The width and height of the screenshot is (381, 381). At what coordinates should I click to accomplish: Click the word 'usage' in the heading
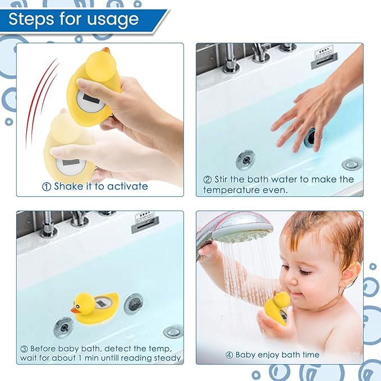(x=112, y=20)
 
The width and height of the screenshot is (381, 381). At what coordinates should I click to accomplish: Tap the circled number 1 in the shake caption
(x=47, y=186)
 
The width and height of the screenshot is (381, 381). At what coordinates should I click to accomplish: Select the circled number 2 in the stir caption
(x=207, y=180)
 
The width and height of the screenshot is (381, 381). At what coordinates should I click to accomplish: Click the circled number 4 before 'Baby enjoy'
(x=229, y=355)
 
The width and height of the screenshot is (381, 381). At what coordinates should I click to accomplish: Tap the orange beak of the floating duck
(x=75, y=309)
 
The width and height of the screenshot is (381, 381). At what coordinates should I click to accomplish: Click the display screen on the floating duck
(x=102, y=302)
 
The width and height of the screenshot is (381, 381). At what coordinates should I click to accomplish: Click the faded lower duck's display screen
(x=71, y=163)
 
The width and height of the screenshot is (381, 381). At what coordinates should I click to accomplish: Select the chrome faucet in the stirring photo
(x=231, y=59)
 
